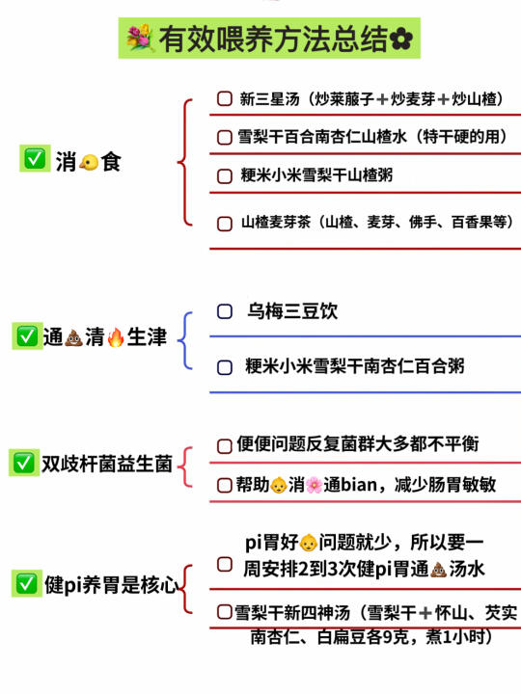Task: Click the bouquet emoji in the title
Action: [140, 38]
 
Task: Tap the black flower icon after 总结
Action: [401, 39]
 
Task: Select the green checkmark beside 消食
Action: [35, 158]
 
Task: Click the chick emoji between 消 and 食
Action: [89, 163]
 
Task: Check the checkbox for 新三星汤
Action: [225, 98]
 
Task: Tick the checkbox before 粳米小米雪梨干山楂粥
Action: [225, 175]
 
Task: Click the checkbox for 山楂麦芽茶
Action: [225, 223]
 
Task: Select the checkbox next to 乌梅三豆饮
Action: [225, 311]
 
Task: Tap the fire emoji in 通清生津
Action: [116, 337]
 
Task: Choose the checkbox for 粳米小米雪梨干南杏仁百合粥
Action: [225, 367]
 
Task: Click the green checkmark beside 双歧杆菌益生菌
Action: [24, 463]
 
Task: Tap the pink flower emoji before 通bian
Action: [314, 485]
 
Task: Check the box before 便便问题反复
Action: [225, 445]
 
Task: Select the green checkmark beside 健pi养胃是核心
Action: [27, 583]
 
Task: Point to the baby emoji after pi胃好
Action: [309, 543]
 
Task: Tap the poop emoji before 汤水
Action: [439, 570]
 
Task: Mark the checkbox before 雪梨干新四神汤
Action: [225, 612]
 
